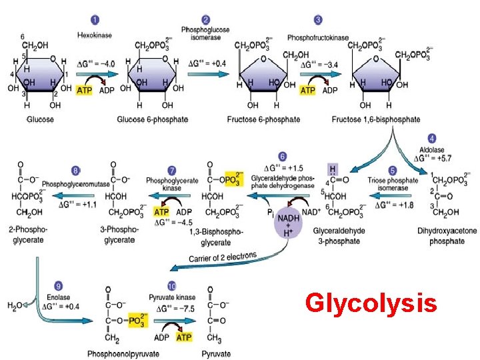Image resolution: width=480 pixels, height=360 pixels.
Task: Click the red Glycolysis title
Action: click(371, 304)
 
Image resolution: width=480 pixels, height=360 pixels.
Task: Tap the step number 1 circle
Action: click(96, 21)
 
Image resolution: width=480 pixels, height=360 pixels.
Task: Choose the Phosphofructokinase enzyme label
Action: click(318, 37)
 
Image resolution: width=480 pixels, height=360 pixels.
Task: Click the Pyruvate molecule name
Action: click(217, 354)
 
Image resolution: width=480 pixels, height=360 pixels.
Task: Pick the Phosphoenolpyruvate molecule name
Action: click(124, 354)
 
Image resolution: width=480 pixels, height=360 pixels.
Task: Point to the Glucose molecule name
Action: click(40, 119)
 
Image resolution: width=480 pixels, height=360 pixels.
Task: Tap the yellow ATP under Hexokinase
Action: click(85, 90)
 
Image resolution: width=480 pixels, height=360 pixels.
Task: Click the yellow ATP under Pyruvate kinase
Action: click(184, 337)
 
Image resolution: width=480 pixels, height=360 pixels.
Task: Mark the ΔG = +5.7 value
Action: click(434, 159)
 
